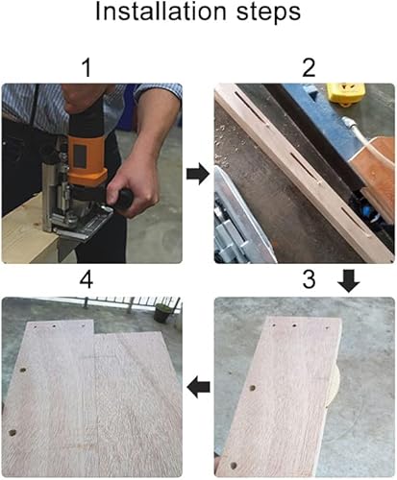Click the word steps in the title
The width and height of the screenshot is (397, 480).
[x=268, y=13]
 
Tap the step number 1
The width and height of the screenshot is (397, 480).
[x=87, y=67]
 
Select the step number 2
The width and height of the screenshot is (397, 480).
[x=309, y=67]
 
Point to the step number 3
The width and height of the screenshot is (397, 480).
[x=309, y=278]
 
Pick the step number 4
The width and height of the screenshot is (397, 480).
[x=87, y=279]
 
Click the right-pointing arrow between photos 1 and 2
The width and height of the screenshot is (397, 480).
[x=198, y=174]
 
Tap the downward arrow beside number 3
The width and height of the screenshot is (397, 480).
[x=349, y=280]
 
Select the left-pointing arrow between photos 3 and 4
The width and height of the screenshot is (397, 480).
[x=199, y=387]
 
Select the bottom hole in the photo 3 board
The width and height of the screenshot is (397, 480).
[x=234, y=465]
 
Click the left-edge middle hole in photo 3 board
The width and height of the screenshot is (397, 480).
[x=253, y=388]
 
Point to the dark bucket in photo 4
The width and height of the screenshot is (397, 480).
[x=161, y=313]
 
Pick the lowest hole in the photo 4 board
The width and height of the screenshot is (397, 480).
[x=12, y=433]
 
